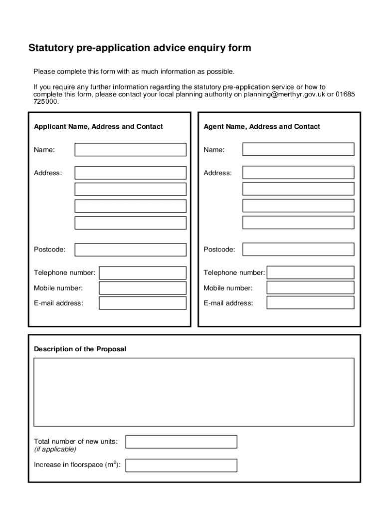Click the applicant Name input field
[x=130, y=150]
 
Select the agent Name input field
[x=298, y=149]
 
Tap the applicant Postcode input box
[x=130, y=250]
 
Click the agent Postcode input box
[x=298, y=250]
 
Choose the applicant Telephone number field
[x=143, y=273]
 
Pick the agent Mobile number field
[x=310, y=288]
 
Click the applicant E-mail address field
[x=143, y=303]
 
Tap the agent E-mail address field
[x=310, y=303]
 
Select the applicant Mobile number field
[x=143, y=288]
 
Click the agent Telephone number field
[x=310, y=272]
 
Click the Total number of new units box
[x=181, y=442]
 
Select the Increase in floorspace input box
[x=181, y=465]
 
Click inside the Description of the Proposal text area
[x=193, y=392]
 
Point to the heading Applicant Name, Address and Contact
[x=98, y=127]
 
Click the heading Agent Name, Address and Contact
[x=262, y=127]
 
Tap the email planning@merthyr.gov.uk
[x=284, y=94]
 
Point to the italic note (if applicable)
[x=55, y=449]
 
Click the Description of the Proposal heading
[x=80, y=349]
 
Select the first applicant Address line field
[x=130, y=173]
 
